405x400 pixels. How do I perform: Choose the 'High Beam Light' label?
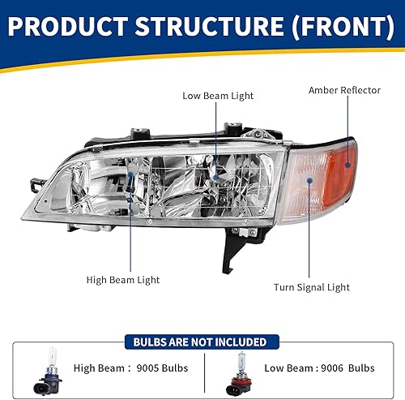click(x=123, y=280)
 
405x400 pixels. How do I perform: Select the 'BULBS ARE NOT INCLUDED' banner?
click(x=202, y=341)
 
